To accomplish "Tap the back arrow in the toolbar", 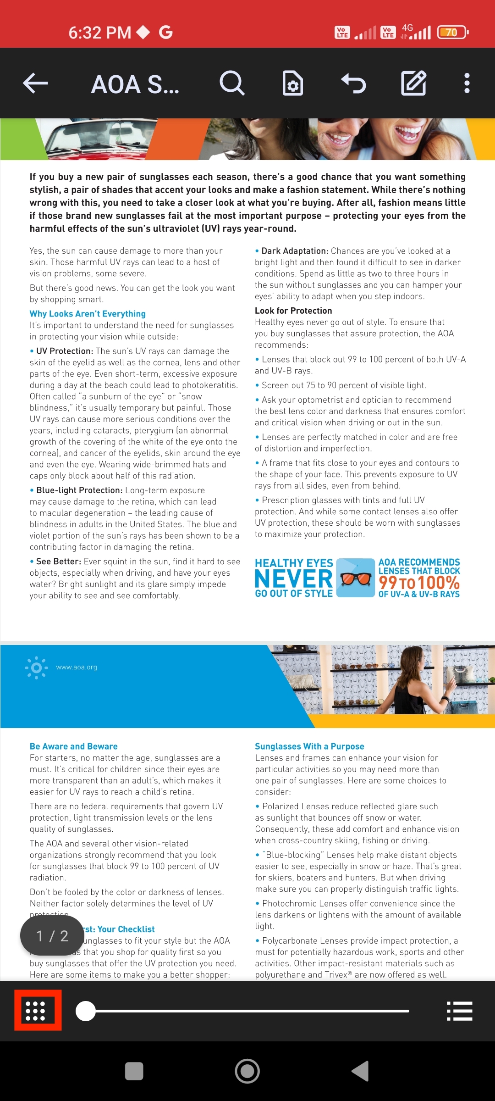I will (36, 83).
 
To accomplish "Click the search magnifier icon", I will (232, 83).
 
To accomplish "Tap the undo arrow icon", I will (353, 83).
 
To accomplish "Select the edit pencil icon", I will (413, 83).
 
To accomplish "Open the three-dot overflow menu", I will (467, 83).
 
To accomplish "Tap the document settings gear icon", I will (292, 83).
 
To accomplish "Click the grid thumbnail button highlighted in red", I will (38, 1010).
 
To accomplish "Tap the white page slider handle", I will (86, 1011).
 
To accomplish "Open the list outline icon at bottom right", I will (459, 1011).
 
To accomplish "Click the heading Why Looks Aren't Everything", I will (88, 314).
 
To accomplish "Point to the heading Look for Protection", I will (293, 311).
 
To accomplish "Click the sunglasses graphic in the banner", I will (356, 578).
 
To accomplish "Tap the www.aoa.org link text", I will (77, 667).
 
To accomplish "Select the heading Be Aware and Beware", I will (74, 746).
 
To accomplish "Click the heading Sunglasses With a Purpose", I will (309, 746).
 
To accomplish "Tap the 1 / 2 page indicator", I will (52, 936).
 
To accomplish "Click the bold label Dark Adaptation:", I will (295, 251).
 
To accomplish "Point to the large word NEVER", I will (294, 578).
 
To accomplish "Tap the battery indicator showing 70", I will (452, 32).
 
